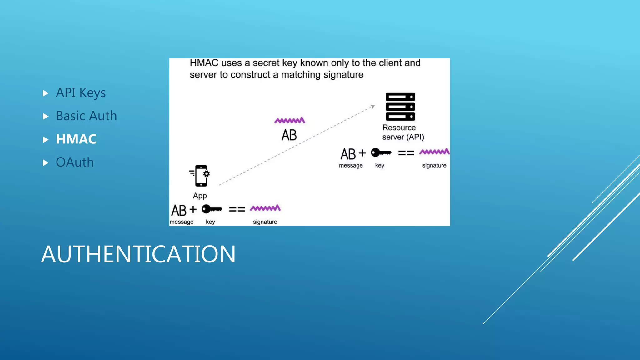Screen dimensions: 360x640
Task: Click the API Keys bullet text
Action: point(81,93)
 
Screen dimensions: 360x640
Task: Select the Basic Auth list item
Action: point(86,116)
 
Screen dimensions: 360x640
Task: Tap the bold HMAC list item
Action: point(76,139)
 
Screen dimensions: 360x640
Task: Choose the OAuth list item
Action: point(75,162)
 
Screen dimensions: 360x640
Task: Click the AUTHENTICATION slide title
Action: point(138,254)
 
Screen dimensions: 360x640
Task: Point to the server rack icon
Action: point(400,107)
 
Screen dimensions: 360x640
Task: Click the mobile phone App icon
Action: point(201,176)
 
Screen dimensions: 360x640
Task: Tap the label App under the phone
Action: point(200,196)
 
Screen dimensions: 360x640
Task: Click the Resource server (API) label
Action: point(403,132)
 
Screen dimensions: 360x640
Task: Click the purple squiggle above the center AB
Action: point(290,120)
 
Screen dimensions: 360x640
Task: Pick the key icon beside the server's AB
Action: point(381,153)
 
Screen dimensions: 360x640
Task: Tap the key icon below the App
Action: point(212,209)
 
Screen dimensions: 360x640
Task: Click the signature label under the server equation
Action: point(434,165)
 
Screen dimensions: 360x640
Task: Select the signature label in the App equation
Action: point(265,222)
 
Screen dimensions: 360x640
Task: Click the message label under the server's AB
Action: point(351,165)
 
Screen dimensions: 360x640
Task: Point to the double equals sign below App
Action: point(237,209)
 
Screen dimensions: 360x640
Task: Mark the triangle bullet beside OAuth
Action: point(46,162)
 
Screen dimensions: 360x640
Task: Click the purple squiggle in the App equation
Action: point(265,208)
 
